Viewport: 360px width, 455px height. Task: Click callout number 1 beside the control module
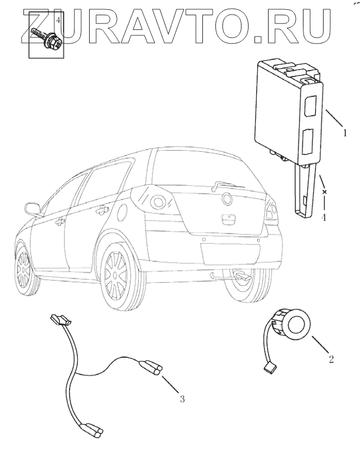pos(344,132)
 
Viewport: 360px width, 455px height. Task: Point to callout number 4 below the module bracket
pos(324,217)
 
